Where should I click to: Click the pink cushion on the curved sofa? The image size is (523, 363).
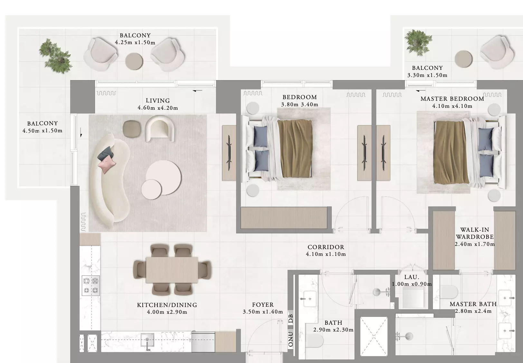[x=107, y=164]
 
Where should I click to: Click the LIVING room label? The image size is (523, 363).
[x=158, y=100]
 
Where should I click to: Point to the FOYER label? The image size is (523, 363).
[x=263, y=305]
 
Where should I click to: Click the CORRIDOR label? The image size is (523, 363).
[x=326, y=247]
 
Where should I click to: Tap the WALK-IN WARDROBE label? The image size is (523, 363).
[x=475, y=233]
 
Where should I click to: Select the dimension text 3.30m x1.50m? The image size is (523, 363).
[x=427, y=75]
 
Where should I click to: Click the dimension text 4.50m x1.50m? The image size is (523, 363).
[x=43, y=131]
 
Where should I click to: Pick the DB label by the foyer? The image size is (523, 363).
[x=291, y=319]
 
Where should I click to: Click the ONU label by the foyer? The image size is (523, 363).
[x=291, y=339]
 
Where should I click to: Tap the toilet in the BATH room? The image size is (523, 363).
[x=314, y=340]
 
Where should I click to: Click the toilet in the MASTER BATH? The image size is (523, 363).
[x=449, y=292]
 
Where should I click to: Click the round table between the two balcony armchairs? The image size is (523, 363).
[x=134, y=61]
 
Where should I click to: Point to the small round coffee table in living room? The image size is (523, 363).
[x=151, y=190]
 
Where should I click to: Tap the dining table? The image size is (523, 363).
[x=172, y=270]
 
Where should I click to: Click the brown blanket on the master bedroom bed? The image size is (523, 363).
[x=451, y=152]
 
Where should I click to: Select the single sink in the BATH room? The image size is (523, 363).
[x=309, y=299]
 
